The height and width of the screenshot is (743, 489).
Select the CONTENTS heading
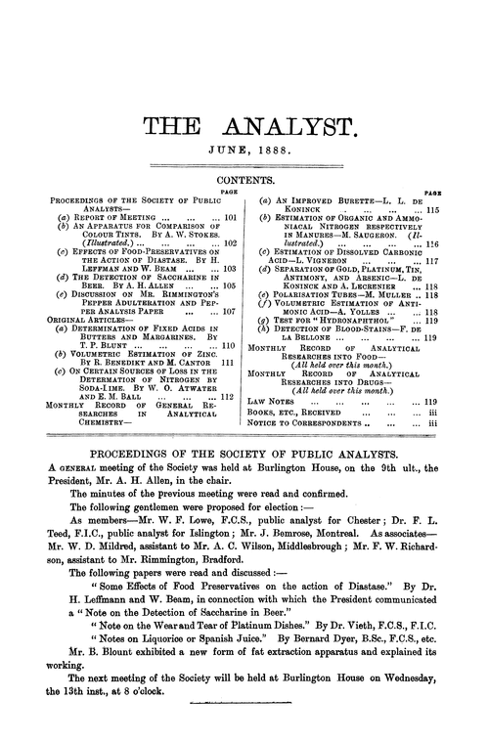(x=244, y=182)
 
